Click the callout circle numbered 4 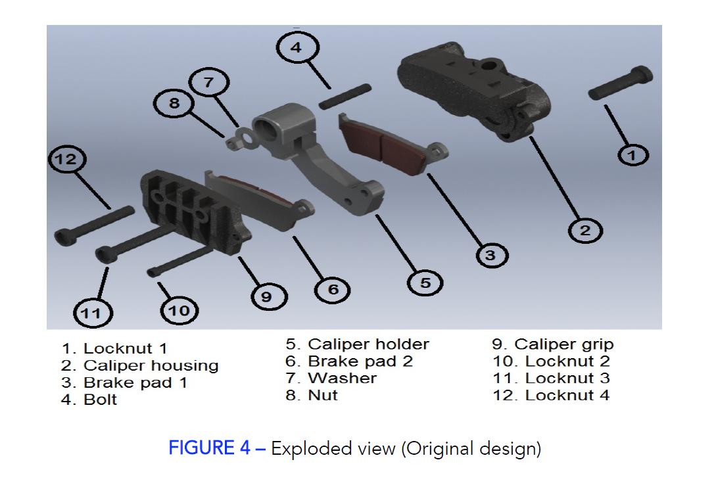tap(297, 48)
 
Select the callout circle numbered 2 tap(585, 230)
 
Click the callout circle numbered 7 tap(208, 83)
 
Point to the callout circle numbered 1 tap(633, 155)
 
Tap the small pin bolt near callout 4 tap(346, 96)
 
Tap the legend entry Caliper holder tap(357, 344)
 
